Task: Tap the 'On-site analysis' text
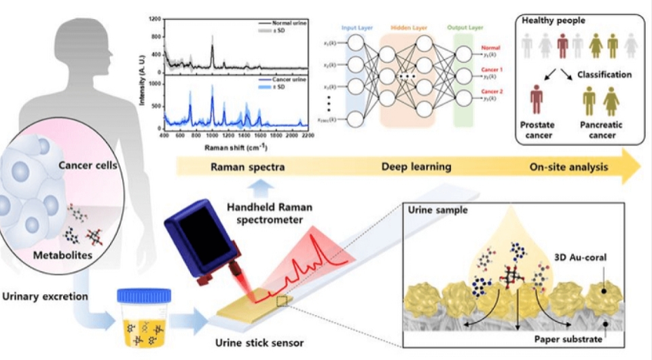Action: [568, 167]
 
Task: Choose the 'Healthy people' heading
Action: [552, 22]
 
